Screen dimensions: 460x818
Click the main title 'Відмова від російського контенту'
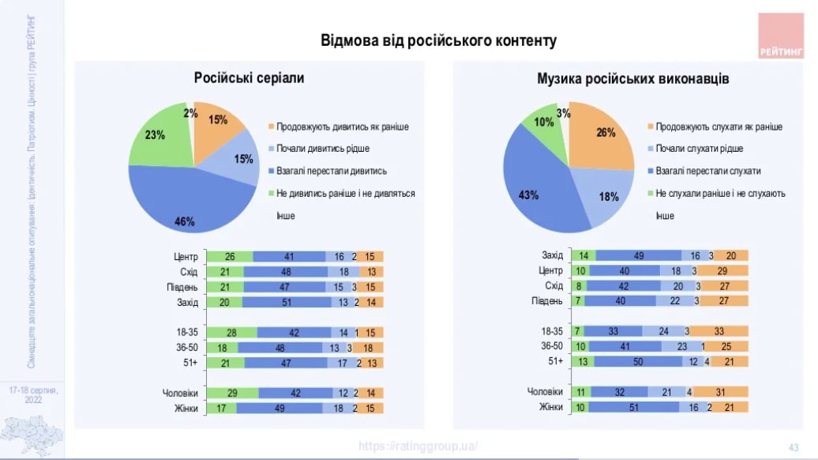point(438,41)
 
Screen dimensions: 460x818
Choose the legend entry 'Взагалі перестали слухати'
point(707,171)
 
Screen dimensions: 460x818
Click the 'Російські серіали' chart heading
point(249,78)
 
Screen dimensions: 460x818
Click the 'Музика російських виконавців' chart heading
point(633,79)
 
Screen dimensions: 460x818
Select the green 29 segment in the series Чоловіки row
point(232,393)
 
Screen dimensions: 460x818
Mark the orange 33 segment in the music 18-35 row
point(720,331)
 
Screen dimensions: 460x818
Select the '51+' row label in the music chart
point(555,361)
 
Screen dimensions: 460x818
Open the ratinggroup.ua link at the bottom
point(418,446)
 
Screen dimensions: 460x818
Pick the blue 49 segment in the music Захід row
point(639,255)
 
